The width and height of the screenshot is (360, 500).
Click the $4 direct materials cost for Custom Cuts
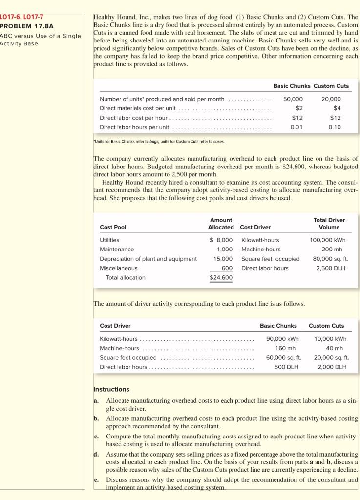point(337,108)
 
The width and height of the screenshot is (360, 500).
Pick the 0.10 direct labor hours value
point(335,127)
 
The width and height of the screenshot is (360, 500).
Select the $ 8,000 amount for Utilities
point(221,240)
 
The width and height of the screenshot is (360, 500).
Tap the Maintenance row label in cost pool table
point(117,249)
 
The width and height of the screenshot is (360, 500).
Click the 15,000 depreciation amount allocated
point(223,259)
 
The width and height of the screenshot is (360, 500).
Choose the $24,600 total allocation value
point(221,278)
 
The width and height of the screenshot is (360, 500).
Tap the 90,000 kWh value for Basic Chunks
point(282,338)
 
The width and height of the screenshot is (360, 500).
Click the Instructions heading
point(111,389)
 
